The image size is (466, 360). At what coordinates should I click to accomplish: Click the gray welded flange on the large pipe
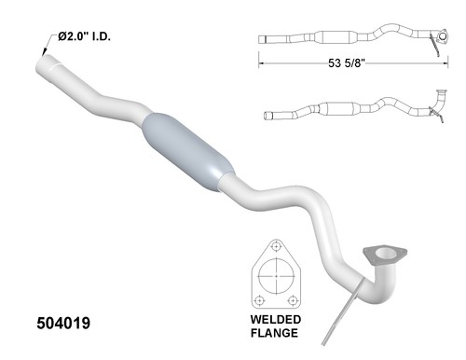(x=379, y=255)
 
